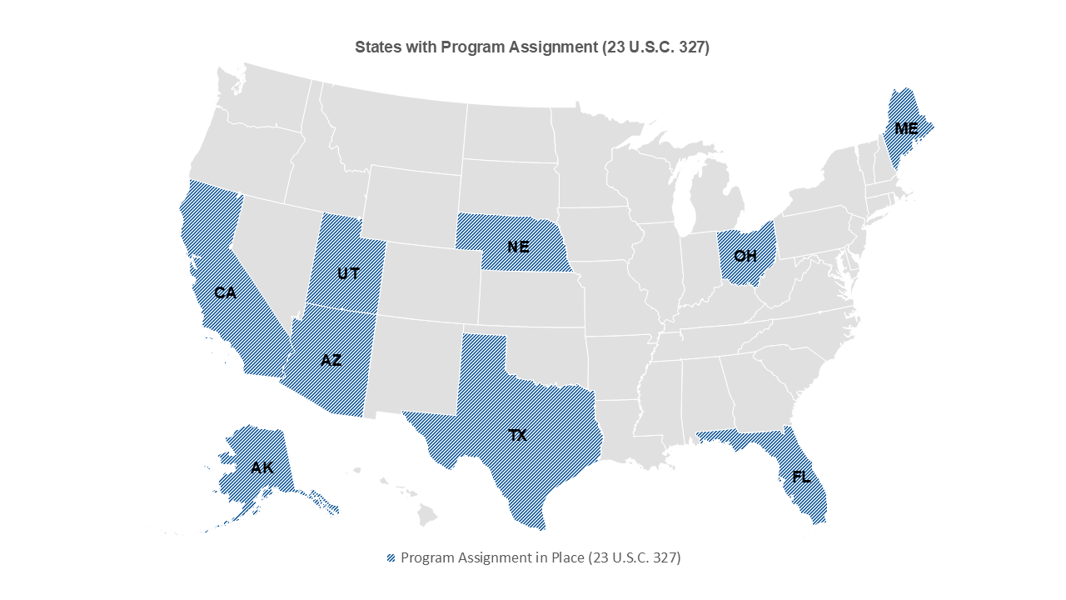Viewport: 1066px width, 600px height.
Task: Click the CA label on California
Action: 225,292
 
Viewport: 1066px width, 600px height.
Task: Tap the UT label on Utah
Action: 348,272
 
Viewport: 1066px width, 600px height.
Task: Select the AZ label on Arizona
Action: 331,360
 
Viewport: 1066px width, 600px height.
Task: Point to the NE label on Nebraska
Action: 518,247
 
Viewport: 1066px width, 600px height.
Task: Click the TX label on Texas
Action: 518,435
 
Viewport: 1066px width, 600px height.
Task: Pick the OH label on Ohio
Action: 745,255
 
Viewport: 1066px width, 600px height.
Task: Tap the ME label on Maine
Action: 906,128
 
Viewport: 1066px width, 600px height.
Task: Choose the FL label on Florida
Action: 801,477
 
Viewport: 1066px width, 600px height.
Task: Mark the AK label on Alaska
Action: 262,467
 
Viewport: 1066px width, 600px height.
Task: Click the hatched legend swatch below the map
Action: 391,558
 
